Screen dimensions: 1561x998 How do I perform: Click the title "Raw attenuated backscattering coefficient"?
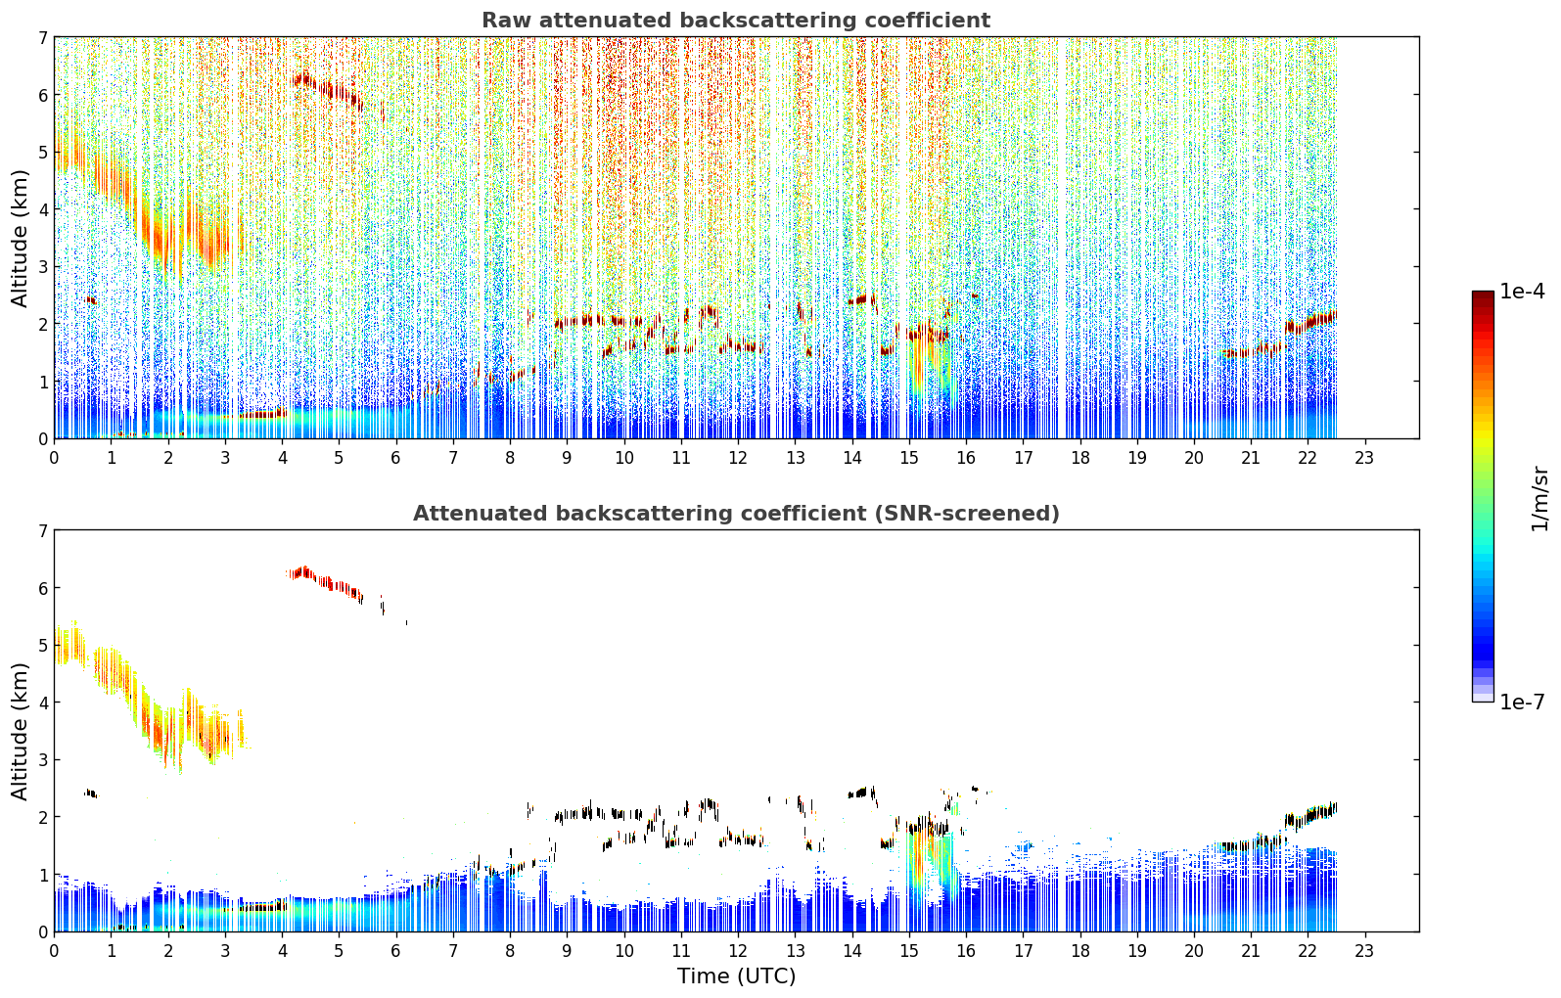pyautogui.click(x=736, y=21)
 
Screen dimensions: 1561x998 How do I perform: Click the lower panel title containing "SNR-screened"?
pyautogui.click(x=736, y=514)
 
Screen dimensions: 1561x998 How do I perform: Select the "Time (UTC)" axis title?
pyautogui.click(x=736, y=976)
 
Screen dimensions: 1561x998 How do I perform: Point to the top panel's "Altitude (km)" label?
pyautogui.click(x=20, y=238)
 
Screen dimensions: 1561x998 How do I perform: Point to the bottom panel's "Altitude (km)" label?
pyautogui.click(x=20, y=731)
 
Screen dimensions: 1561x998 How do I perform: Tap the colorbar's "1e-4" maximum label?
pyautogui.click(x=1522, y=292)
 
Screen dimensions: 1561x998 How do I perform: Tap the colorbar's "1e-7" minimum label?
pyautogui.click(x=1522, y=702)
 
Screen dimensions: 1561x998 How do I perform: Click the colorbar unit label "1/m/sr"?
pyautogui.click(x=1539, y=499)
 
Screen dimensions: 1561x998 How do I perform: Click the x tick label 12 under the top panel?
pyautogui.click(x=738, y=458)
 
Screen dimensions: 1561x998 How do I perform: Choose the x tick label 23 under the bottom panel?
pyautogui.click(x=1363, y=951)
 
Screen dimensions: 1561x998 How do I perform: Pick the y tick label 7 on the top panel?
pyautogui.click(x=43, y=37)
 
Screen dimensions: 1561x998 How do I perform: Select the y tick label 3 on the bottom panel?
pyautogui.click(x=43, y=759)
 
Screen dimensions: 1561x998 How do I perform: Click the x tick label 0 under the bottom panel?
pyautogui.click(x=55, y=951)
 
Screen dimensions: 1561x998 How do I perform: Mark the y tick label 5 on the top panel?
pyautogui.click(x=43, y=152)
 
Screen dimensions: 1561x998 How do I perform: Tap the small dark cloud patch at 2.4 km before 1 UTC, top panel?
pyautogui.click(x=91, y=300)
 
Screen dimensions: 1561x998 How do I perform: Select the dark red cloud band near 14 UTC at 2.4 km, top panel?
pyautogui.click(x=862, y=299)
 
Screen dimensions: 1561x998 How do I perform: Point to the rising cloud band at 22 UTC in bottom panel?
pyautogui.click(x=1310, y=814)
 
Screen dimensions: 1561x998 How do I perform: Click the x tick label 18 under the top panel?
pyautogui.click(x=1080, y=458)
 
